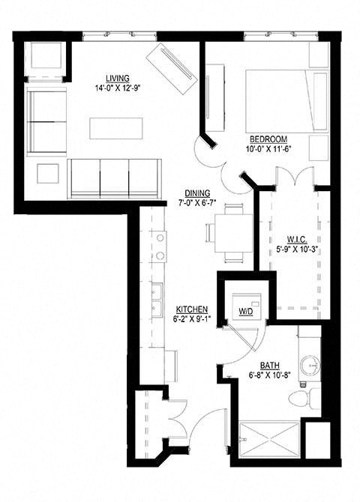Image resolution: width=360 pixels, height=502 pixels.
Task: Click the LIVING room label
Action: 119,78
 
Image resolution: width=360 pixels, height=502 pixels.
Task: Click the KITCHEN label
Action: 191,309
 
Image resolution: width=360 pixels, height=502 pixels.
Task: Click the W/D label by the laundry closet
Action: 245,310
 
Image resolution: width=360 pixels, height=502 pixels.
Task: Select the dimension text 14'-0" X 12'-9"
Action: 119,88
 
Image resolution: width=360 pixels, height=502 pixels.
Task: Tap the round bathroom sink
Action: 310,365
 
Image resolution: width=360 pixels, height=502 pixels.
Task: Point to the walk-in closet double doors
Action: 292,180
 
